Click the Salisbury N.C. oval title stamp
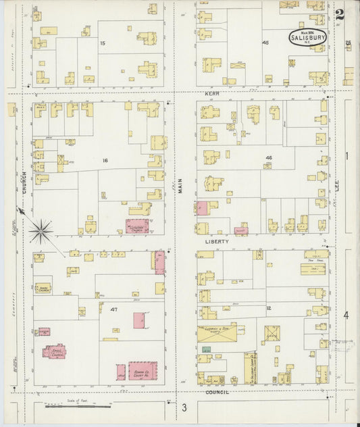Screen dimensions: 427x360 pos(308,37)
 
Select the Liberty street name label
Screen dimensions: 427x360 pos(222,241)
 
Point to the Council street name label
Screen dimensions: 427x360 pos(217,392)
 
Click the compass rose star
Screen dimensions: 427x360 pos(41,232)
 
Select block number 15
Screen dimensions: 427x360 pos(103,43)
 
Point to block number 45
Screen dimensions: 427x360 pos(265,43)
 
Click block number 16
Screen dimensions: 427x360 pos(105,160)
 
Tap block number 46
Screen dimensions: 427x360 pos(268,157)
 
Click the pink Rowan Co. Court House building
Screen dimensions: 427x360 pos(143,370)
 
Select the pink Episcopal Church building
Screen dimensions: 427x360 pos(55,351)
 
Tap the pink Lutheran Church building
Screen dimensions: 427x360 pos(137,226)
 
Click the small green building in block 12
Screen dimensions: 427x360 pos(206,349)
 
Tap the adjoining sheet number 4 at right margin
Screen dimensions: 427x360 pos(346,315)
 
